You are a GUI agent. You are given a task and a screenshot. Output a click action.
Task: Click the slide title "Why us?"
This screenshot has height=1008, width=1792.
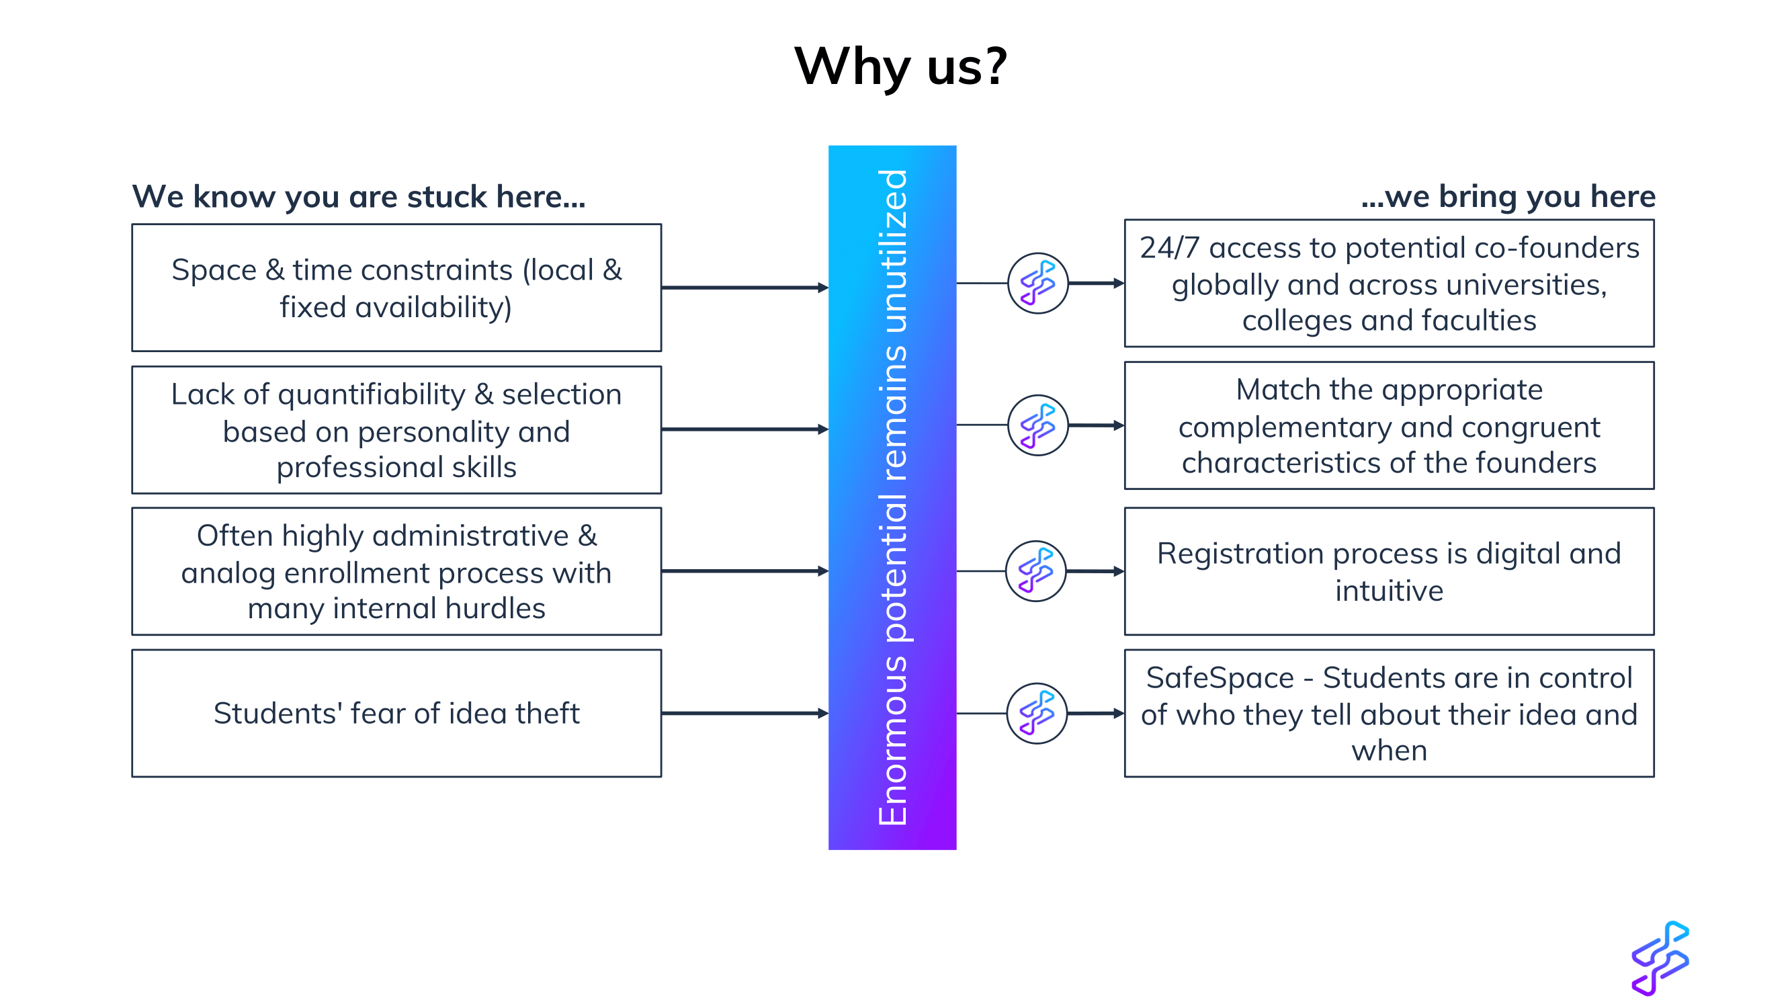coord(901,67)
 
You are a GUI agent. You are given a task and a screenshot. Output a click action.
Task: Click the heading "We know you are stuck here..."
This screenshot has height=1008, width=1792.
coord(359,197)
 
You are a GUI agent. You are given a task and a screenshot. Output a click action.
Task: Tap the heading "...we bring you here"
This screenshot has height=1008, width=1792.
coord(1508,197)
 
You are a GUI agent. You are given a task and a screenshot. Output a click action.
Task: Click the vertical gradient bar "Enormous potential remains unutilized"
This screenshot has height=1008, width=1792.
coord(892,497)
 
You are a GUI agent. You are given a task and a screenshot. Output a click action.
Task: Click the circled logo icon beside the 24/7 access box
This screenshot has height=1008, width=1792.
coord(1038,283)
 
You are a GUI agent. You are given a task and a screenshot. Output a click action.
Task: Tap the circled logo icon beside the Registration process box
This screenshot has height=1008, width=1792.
coord(1036,571)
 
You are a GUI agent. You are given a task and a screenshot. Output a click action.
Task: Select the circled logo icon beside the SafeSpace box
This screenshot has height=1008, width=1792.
coord(1037,713)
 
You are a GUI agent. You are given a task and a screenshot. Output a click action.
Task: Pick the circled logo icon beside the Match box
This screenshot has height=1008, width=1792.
coord(1038,425)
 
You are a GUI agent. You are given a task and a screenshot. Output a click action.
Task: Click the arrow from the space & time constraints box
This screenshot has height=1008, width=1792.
coord(745,288)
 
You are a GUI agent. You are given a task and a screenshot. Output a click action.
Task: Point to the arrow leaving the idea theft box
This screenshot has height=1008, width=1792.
coord(745,713)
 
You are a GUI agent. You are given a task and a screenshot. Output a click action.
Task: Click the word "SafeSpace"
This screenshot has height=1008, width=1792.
coord(1220,677)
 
